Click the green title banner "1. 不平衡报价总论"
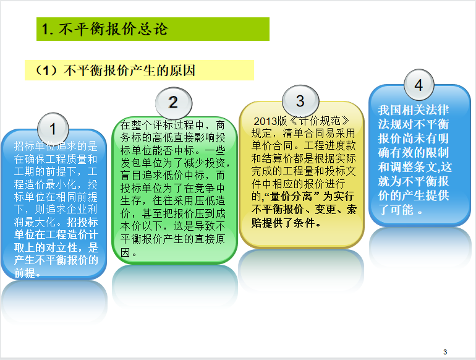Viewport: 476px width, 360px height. [x=153, y=29]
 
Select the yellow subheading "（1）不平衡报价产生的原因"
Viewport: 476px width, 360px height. [x=139, y=70]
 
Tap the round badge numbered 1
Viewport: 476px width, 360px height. [x=53, y=129]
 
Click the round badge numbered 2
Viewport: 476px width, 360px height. [x=174, y=103]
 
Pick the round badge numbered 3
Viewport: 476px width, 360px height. [x=300, y=101]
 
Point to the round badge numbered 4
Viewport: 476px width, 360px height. [x=419, y=85]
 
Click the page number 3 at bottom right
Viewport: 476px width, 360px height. [x=445, y=352]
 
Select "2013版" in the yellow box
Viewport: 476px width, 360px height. [x=270, y=121]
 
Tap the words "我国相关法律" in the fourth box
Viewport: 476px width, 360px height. [x=414, y=110]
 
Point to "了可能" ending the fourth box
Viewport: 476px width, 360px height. [x=396, y=210]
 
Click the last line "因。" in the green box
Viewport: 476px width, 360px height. [x=129, y=252]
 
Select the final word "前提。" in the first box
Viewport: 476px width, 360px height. [x=27, y=273]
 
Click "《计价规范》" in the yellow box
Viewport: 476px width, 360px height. [x=320, y=121]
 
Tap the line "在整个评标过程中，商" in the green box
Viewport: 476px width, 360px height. [x=172, y=125]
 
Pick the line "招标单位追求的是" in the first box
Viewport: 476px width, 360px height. [x=56, y=146]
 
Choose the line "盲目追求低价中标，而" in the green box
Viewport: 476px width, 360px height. [x=172, y=175]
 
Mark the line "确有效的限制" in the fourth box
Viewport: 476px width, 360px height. [x=414, y=153]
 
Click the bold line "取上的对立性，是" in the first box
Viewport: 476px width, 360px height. [x=56, y=247]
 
